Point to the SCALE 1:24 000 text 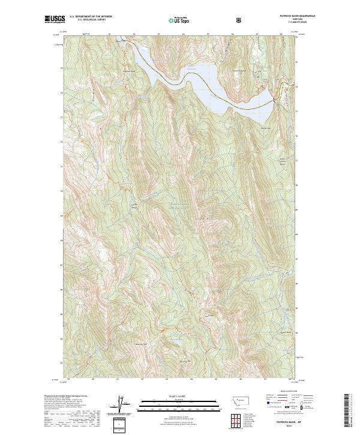click(x=172, y=394)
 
